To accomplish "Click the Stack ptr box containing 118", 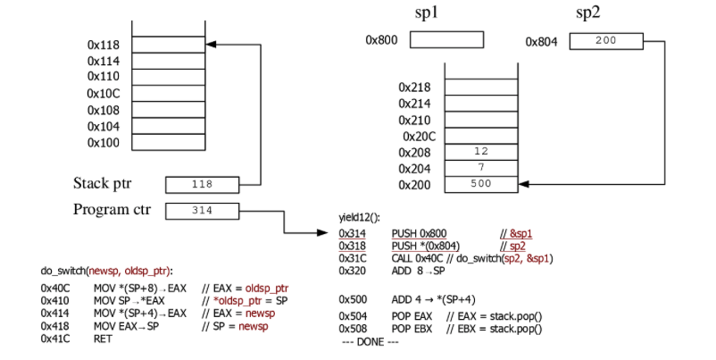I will click(x=202, y=184).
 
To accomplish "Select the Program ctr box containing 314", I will click(x=202, y=211).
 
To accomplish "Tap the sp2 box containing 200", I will click(x=604, y=41).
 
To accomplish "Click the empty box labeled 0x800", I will click(x=446, y=40).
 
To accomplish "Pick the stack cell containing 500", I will click(x=481, y=185).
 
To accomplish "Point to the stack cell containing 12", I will click(x=481, y=152).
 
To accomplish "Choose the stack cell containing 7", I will click(x=481, y=169).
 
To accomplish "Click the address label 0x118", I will click(x=104, y=44).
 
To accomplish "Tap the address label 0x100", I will click(x=104, y=143).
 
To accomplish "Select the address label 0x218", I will click(x=415, y=88).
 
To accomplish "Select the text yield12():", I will click(x=359, y=217).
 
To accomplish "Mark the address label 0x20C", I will click(x=416, y=137).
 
